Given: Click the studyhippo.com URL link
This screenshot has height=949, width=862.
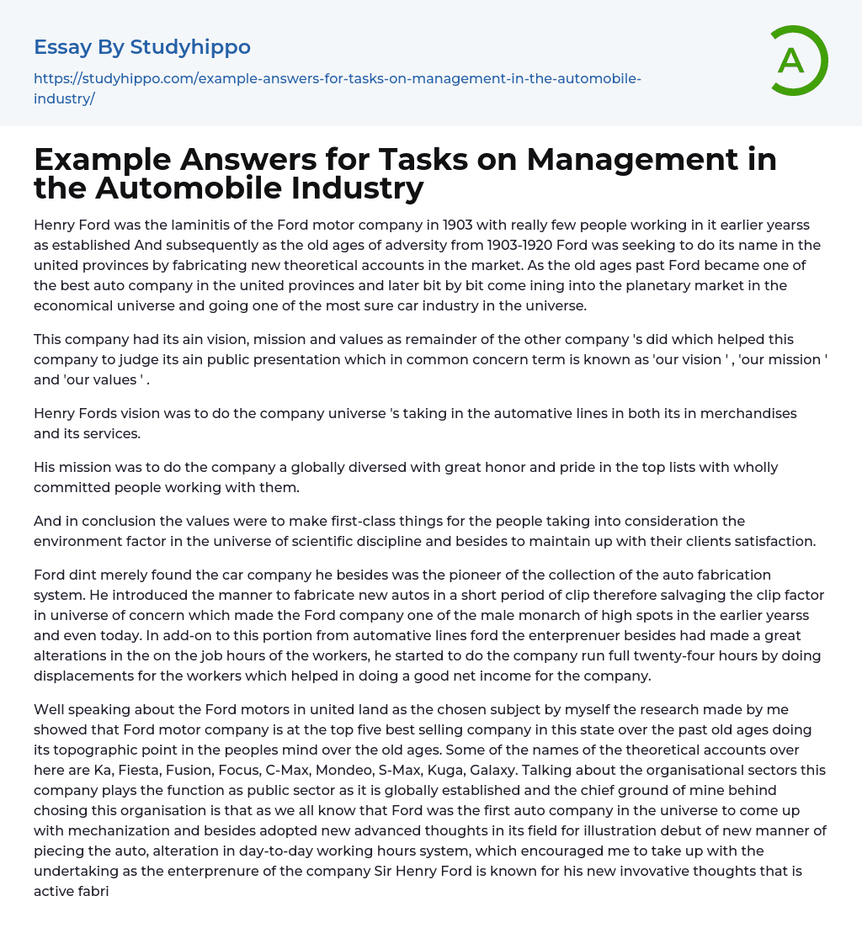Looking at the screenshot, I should (337, 88).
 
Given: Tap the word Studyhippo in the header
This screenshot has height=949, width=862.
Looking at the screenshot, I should (190, 47).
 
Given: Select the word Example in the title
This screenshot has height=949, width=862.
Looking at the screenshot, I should (99, 159).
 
